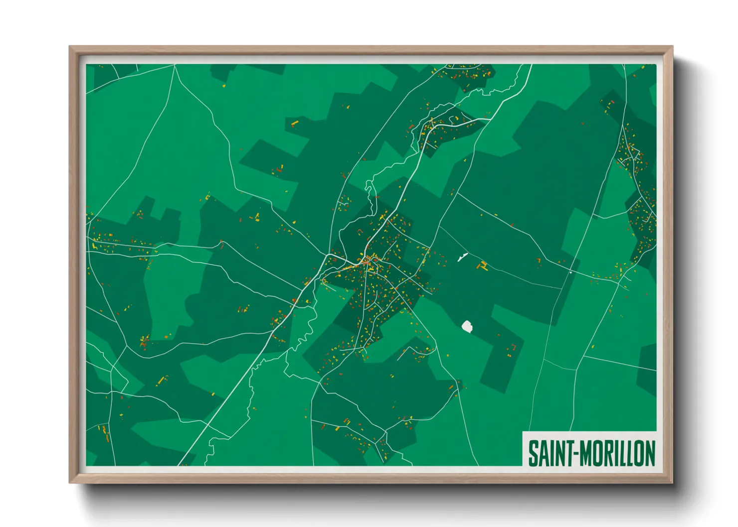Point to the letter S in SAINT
point(533,454)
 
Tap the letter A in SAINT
point(542,454)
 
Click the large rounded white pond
point(467,327)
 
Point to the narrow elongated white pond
point(462,257)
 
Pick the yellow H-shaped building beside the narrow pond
point(483,266)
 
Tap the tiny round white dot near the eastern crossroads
point(570,272)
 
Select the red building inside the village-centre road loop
point(368,259)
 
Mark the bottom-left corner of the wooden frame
point(70,482)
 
